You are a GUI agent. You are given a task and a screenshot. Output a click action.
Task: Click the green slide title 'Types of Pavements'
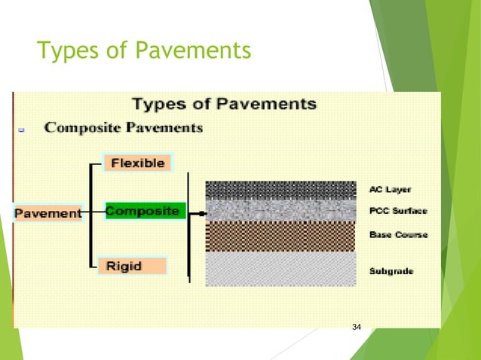143,52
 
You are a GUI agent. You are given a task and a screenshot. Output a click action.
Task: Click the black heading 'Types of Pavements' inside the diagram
224,103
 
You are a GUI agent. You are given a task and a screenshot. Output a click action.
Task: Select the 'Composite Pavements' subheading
124,128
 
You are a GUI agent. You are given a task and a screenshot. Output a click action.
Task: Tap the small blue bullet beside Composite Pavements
22,130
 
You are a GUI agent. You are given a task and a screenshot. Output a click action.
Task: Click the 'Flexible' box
138,163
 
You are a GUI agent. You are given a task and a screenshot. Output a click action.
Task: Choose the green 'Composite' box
142,212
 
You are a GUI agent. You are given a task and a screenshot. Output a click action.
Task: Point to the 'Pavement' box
47,213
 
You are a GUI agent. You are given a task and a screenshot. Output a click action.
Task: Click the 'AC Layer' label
391,189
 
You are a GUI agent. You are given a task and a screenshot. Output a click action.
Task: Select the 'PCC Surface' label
398,212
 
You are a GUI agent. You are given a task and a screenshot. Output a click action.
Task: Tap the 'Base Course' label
398,235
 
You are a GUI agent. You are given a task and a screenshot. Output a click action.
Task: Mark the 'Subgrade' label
391,270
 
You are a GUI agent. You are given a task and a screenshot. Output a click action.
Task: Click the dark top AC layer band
280,189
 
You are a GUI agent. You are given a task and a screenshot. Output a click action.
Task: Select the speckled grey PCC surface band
280,209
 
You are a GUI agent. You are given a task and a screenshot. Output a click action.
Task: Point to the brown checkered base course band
280,236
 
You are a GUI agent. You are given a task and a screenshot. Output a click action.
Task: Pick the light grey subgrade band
280,268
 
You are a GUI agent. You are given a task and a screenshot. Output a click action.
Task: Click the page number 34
357,326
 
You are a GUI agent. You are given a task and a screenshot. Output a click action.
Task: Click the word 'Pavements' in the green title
198,52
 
